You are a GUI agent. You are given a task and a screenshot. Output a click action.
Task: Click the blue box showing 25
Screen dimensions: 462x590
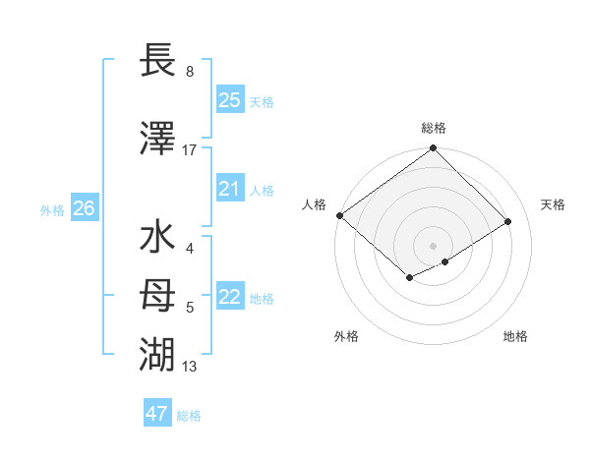(229, 99)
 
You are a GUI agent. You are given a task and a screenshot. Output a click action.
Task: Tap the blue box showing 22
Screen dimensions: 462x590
(229, 297)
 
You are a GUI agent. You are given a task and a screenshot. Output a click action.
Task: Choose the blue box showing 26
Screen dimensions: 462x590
(84, 207)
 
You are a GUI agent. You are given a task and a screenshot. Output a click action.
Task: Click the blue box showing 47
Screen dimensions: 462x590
(157, 414)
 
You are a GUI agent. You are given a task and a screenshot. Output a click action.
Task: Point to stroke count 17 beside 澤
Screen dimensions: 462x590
(190, 150)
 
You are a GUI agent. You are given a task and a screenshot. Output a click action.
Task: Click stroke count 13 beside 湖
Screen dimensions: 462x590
(190, 367)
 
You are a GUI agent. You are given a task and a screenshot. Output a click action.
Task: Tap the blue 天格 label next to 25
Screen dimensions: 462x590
(262, 101)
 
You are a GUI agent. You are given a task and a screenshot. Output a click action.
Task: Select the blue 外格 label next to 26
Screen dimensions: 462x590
(52, 209)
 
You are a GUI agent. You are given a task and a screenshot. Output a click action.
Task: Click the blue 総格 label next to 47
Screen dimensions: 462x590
(189, 416)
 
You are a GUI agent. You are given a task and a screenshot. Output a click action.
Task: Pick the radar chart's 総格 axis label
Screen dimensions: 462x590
(434, 128)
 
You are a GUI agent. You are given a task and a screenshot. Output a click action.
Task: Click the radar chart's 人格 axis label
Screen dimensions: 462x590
(315, 204)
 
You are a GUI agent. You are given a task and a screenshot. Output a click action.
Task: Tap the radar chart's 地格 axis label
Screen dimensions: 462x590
(515, 336)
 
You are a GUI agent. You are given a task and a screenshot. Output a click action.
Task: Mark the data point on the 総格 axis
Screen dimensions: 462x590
(433, 148)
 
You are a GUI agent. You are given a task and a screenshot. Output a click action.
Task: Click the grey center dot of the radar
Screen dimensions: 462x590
(433, 245)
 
